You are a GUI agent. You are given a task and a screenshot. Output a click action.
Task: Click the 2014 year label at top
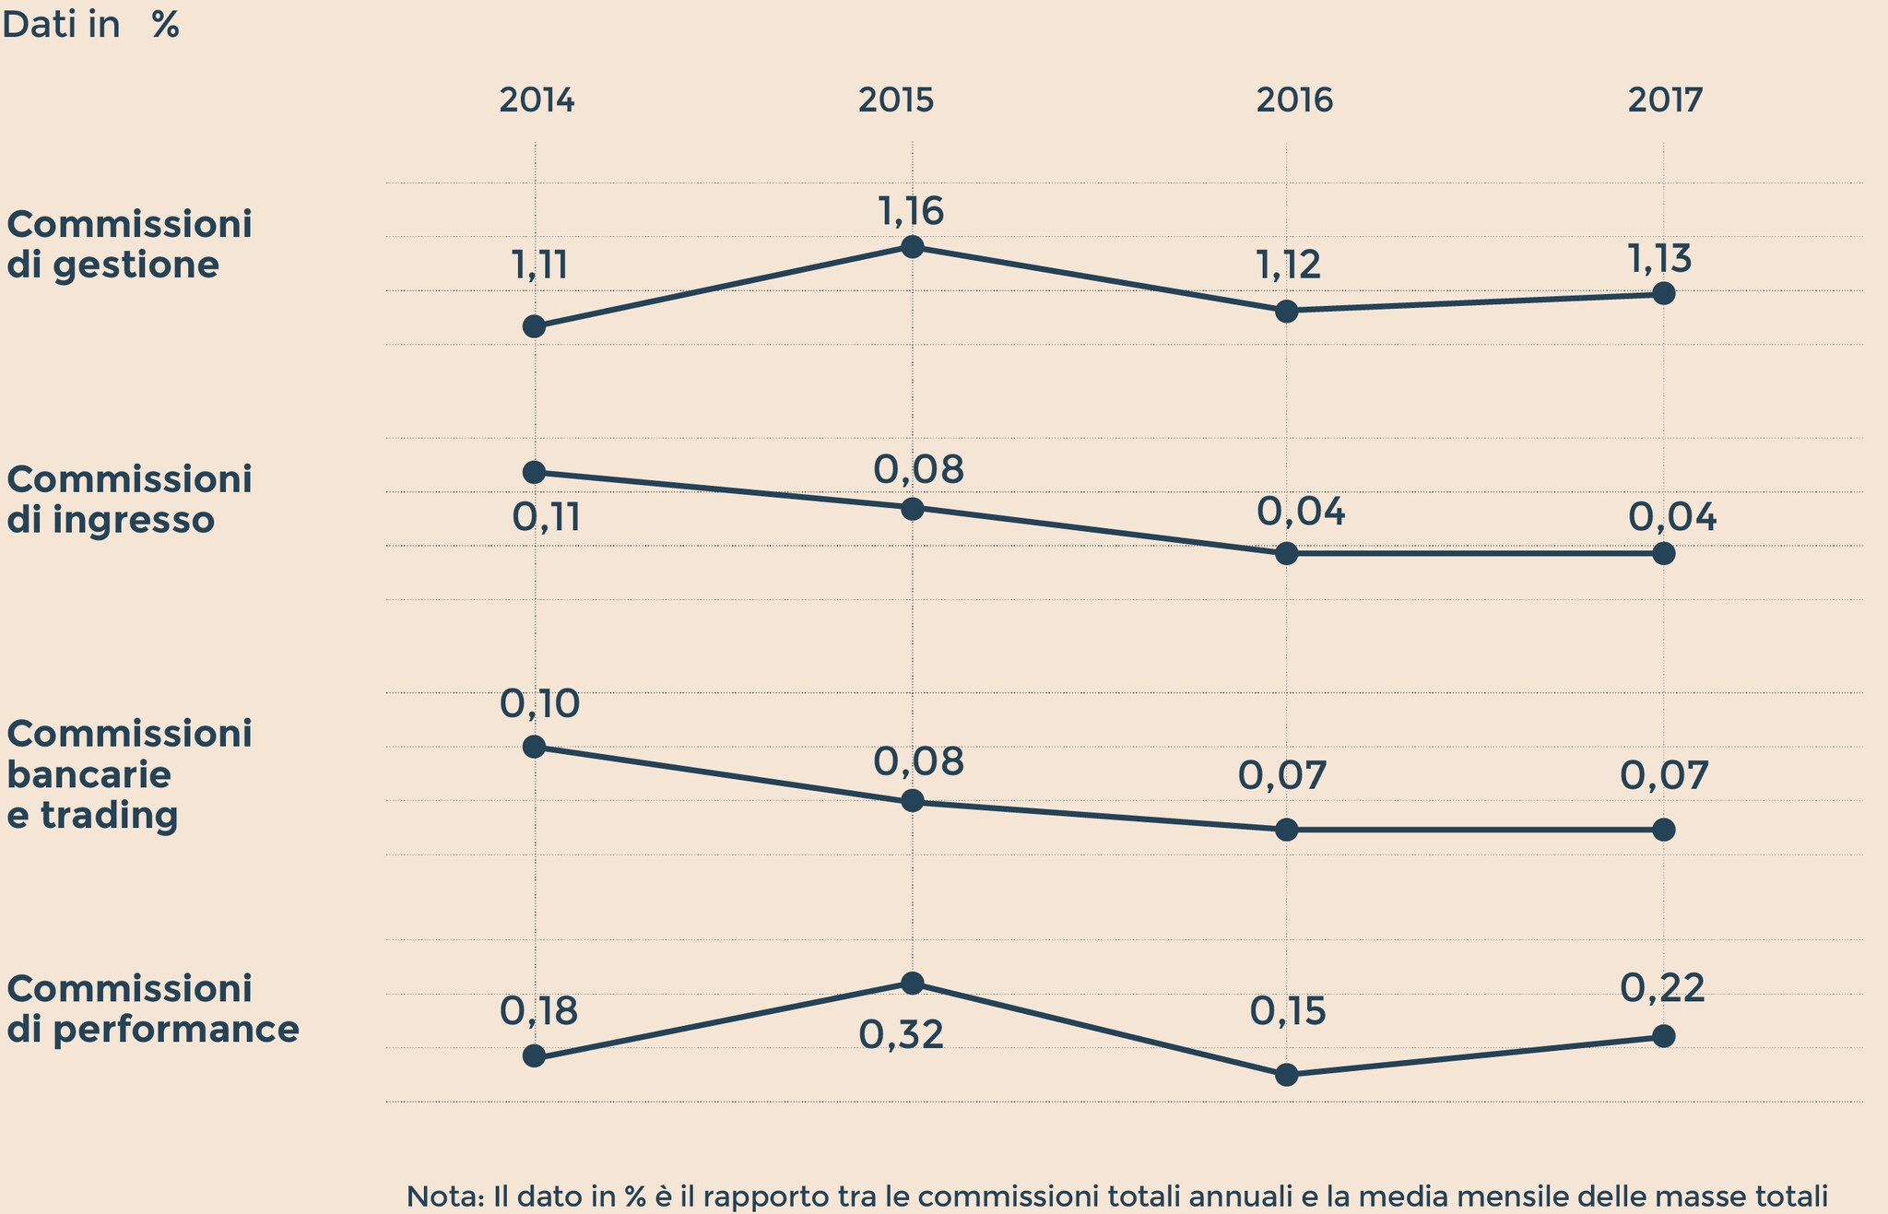(537, 100)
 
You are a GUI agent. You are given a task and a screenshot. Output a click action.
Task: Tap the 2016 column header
(1294, 100)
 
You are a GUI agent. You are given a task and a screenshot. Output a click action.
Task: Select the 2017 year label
(1665, 100)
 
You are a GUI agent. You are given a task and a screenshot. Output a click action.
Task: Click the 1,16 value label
(911, 212)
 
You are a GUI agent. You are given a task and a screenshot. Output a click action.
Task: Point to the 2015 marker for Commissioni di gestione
(912, 246)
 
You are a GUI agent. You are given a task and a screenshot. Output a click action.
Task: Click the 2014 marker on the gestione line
(534, 326)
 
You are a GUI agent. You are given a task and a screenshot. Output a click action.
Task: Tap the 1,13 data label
(1659, 259)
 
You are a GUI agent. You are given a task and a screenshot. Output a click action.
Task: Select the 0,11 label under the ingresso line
(546, 519)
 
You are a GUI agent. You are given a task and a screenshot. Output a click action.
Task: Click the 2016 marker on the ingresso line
(1287, 554)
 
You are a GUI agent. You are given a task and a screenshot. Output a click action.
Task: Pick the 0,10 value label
(540, 704)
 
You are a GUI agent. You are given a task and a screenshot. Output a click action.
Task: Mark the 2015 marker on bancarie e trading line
(912, 801)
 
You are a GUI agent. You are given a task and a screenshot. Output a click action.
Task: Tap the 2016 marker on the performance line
(1287, 1075)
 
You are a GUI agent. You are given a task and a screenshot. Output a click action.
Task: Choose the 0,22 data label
(1662, 988)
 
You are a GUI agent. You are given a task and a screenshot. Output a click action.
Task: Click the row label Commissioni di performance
(152, 1008)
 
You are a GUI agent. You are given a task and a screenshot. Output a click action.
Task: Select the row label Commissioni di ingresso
(129, 499)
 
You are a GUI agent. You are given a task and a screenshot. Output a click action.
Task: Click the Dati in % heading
(90, 25)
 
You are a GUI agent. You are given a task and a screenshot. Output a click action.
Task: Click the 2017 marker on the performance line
(1663, 1036)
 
